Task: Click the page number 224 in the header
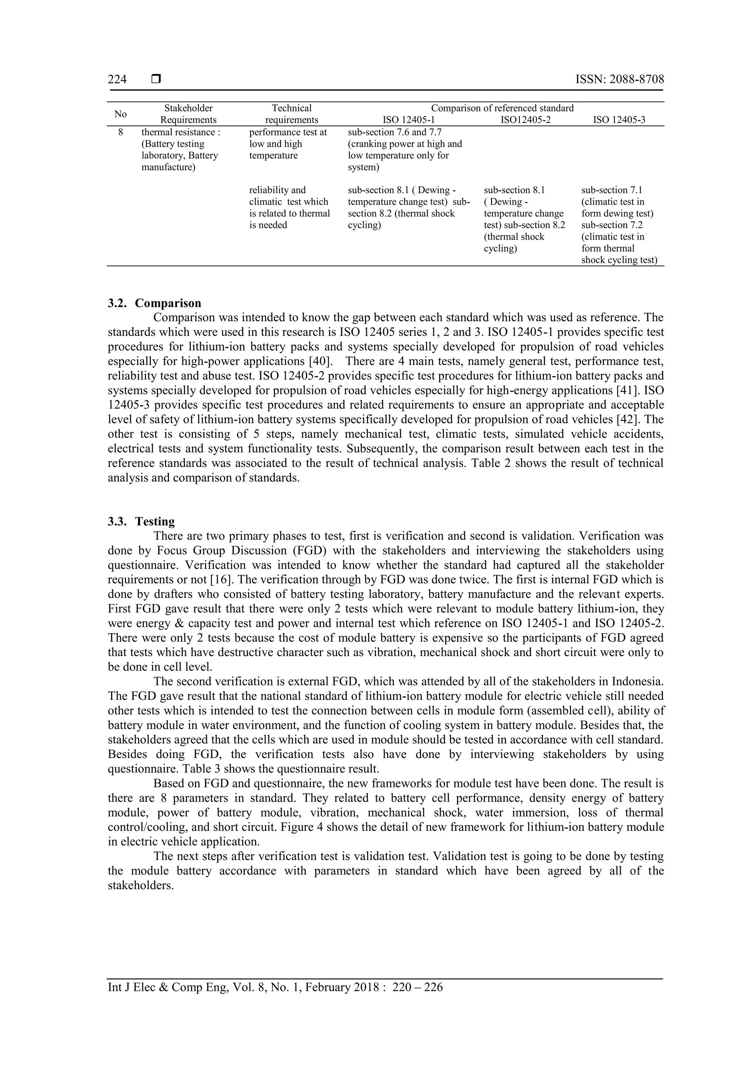coord(117,79)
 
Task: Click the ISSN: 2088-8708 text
coord(619,79)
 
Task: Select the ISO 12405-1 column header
coord(408,120)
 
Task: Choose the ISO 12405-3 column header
coord(619,120)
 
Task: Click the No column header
coord(120,114)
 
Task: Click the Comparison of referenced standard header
coord(502,108)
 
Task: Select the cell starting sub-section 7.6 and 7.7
coord(405,149)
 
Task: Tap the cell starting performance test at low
coord(288,144)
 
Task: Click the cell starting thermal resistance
coord(181,149)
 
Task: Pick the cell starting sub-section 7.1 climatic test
coord(619,225)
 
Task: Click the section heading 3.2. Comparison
coord(154,303)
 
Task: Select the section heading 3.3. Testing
coord(141,521)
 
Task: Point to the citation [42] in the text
coord(627,420)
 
